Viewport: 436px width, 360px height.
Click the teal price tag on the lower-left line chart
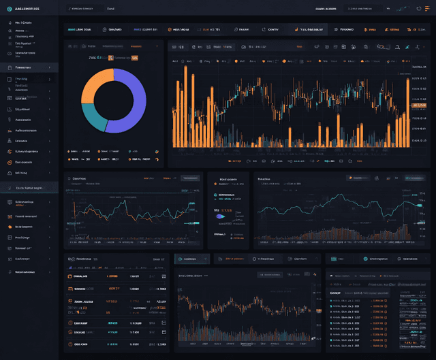click(x=193, y=223)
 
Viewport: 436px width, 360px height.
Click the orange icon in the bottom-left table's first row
click(x=70, y=277)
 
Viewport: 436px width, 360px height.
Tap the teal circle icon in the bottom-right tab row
click(x=366, y=259)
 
